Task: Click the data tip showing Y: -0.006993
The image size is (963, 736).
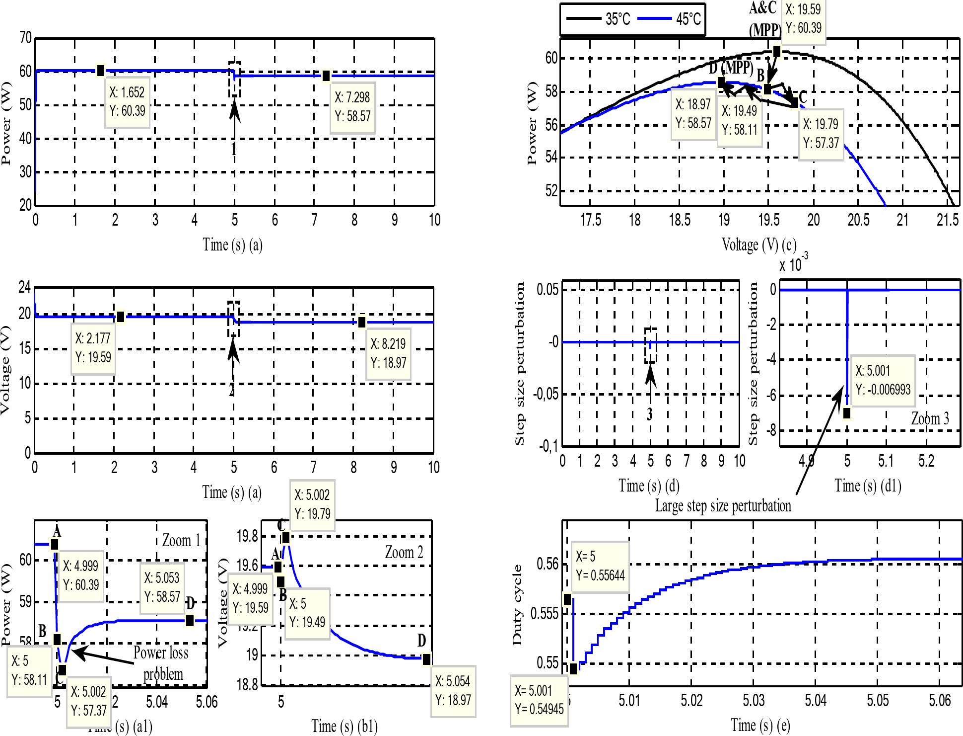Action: point(883,381)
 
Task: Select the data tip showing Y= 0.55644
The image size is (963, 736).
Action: point(600,566)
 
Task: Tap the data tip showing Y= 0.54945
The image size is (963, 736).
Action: point(539,700)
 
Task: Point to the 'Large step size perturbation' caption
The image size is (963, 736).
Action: point(723,506)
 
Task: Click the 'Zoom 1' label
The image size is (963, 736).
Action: point(181,540)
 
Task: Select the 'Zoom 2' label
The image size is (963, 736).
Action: point(404,552)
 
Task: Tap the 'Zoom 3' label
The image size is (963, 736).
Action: point(930,418)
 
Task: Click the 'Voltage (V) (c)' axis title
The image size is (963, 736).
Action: point(759,245)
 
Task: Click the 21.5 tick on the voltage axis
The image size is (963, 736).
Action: point(947,220)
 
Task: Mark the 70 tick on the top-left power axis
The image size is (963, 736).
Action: point(25,38)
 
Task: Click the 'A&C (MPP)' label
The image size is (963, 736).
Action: point(764,19)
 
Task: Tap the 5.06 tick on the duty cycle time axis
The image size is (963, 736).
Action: point(939,700)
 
